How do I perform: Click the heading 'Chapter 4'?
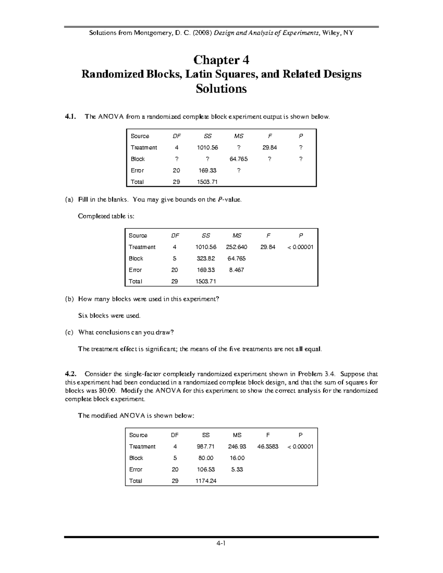click(x=221, y=59)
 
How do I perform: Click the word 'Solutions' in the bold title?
click(x=221, y=89)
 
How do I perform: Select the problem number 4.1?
click(x=70, y=117)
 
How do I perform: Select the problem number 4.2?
click(x=70, y=374)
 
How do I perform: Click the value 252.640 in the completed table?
click(x=237, y=247)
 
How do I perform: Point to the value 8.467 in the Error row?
click(x=237, y=270)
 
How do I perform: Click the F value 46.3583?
click(x=268, y=446)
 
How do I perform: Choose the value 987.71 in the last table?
click(x=206, y=446)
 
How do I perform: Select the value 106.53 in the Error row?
click(x=206, y=469)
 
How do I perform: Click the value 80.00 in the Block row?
click(x=206, y=458)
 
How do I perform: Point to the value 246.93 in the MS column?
click(x=237, y=446)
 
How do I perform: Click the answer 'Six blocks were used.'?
click(x=109, y=315)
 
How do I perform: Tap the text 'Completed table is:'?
click(x=106, y=216)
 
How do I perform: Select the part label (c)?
click(x=69, y=332)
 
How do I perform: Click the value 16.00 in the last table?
click(x=237, y=458)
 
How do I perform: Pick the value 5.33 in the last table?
click(x=237, y=469)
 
